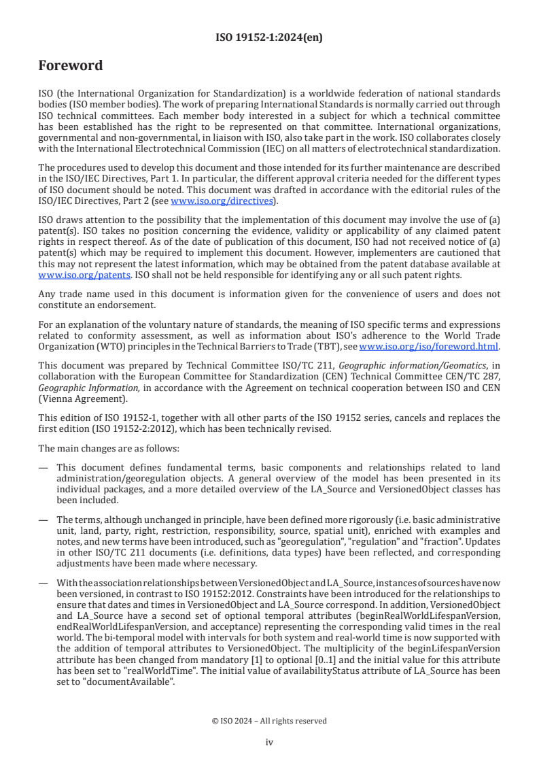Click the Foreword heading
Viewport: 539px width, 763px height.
[71, 66]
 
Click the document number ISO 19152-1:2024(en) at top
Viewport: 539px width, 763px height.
[269, 37]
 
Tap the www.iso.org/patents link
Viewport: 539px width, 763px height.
[67, 275]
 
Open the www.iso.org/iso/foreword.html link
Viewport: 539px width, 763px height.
[428, 346]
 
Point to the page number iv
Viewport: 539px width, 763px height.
[269, 742]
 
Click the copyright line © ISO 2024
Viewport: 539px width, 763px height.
[269, 720]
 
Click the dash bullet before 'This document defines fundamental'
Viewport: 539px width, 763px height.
[43, 467]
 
